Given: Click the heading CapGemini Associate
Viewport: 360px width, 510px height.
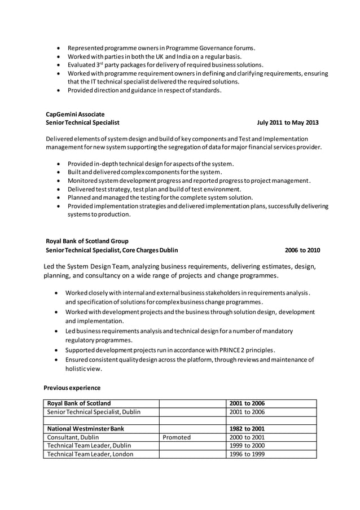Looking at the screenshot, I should [x=75, y=114].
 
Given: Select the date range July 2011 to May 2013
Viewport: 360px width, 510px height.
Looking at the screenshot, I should [x=287, y=122].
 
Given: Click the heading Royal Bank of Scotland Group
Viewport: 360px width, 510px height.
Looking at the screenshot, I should [x=87, y=241].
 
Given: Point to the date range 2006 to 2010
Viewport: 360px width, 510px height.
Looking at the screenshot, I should [x=302, y=250].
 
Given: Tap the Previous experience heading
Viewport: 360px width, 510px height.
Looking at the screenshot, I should [x=72, y=388].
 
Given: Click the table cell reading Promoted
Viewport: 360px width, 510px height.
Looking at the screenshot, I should [x=177, y=437].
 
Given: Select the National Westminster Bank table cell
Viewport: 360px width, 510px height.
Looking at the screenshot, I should [x=85, y=429].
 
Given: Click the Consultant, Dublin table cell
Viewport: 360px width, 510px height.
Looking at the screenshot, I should [x=73, y=437].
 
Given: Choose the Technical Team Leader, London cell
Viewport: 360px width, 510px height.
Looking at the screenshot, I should [x=90, y=454].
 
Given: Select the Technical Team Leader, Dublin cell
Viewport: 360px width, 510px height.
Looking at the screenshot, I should [x=89, y=446].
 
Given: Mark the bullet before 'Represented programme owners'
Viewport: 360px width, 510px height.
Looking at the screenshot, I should [x=59, y=48].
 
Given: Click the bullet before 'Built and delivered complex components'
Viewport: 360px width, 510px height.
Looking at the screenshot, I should [x=59, y=172].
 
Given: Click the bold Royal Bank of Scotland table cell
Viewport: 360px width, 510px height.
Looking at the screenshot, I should [x=79, y=403].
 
